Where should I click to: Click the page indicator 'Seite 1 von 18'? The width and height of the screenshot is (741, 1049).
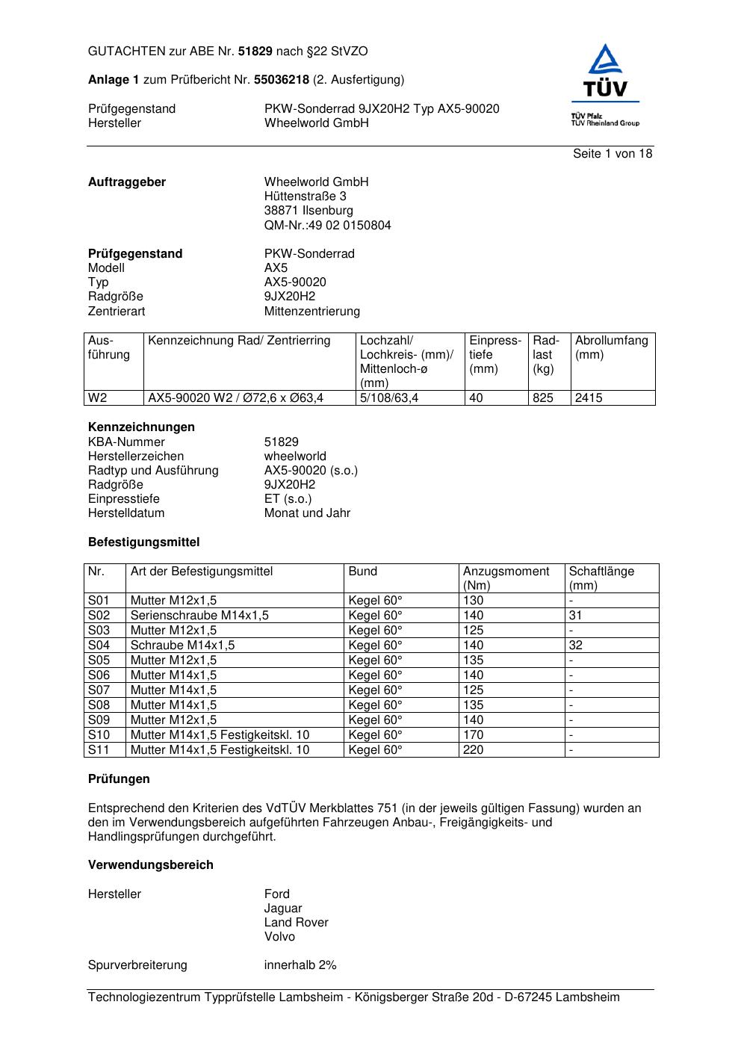(x=613, y=154)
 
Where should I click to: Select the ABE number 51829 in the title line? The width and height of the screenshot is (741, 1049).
(x=255, y=52)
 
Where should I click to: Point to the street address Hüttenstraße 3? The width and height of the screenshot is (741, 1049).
(x=305, y=197)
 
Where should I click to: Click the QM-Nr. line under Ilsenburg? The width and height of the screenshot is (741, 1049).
(x=327, y=226)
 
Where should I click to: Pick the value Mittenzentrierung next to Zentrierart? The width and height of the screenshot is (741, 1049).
(x=311, y=312)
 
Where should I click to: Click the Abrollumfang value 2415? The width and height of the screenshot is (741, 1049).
(x=589, y=398)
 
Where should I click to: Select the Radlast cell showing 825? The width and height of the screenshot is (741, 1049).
(x=543, y=398)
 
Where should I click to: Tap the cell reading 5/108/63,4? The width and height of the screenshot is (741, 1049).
(x=389, y=398)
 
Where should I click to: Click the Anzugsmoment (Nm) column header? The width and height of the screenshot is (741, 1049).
(x=506, y=578)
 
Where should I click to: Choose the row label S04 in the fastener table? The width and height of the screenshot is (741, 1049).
(x=99, y=646)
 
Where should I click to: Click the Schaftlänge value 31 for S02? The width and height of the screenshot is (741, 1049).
(x=575, y=616)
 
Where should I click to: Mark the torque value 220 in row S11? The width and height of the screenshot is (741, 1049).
(x=473, y=750)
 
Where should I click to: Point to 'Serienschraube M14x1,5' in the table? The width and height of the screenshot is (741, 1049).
(x=199, y=616)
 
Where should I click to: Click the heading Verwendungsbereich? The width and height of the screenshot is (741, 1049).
(x=151, y=865)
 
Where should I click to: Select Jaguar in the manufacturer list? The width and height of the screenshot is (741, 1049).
(x=283, y=909)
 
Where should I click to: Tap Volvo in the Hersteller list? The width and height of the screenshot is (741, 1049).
(x=279, y=937)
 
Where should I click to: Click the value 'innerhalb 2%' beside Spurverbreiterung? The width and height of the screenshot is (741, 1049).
(x=300, y=965)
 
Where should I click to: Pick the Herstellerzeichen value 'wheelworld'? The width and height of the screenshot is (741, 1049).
(x=295, y=457)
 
